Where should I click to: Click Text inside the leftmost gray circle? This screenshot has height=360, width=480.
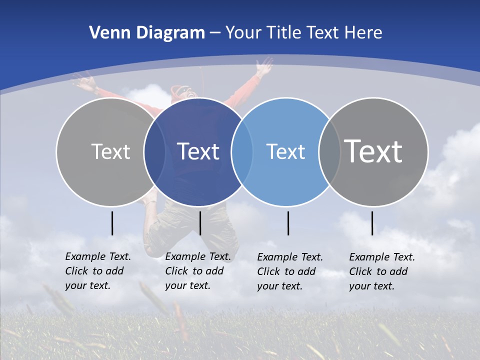click(x=110, y=151)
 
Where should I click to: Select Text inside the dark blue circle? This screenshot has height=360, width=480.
click(x=198, y=151)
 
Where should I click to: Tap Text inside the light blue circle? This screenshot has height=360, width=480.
click(x=285, y=151)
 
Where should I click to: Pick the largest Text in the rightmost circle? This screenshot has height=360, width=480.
click(x=373, y=151)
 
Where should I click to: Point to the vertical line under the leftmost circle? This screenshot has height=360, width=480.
click(x=112, y=223)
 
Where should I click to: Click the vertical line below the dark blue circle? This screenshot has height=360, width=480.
click(x=200, y=223)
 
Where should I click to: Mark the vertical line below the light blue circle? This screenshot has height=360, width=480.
click(x=288, y=223)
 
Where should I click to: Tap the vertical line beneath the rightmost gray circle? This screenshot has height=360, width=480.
click(x=372, y=223)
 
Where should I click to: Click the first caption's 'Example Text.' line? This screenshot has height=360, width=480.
click(x=98, y=256)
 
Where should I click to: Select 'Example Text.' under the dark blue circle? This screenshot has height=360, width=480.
click(x=198, y=256)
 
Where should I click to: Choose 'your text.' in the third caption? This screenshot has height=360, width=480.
click(x=279, y=286)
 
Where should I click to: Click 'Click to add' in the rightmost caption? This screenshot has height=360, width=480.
click(x=378, y=271)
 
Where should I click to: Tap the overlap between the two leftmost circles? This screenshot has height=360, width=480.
click(x=155, y=151)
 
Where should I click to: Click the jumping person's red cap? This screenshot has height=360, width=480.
click(x=178, y=90)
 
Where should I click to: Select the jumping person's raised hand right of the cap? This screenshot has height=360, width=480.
click(x=264, y=65)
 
